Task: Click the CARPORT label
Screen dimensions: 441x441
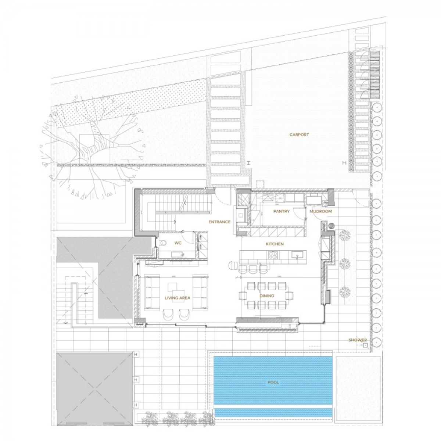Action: tap(299, 135)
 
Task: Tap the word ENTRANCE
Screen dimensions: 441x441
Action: tap(219, 222)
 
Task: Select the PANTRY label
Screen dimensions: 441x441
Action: tap(281, 211)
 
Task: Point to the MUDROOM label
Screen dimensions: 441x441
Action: tap(320, 211)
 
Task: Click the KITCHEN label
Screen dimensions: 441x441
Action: tap(275, 244)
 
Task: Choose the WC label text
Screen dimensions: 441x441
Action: tap(178, 243)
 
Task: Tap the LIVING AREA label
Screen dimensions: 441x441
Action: tap(177, 298)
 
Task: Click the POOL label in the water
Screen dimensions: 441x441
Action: tap(273, 382)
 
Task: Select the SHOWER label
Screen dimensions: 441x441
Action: tap(358, 340)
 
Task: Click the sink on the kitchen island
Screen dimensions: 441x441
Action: tap(297, 254)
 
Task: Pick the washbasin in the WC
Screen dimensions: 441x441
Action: tap(178, 254)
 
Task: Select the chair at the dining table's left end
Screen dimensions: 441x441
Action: tap(242, 295)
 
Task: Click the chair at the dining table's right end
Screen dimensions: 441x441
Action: tap(289, 295)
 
